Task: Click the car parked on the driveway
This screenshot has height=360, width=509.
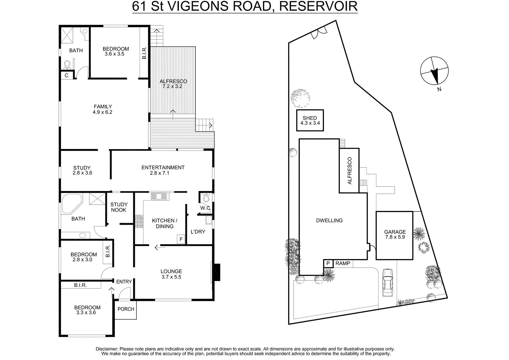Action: pyautogui.click(x=387, y=283)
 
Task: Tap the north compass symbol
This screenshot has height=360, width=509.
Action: pyautogui.click(x=434, y=71)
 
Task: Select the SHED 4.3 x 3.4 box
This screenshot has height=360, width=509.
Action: pyautogui.click(x=310, y=120)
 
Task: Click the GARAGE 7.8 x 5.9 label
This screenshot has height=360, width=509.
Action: pyautogui.click(x=395, y=234)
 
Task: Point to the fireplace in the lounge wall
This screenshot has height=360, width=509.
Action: pyautogui.click(x=216, y=272)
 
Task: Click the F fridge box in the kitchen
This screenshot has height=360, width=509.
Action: pyautogui.click(x=181, y=239)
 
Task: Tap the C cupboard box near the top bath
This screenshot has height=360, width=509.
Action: pyautogui.click(x=66, y=75)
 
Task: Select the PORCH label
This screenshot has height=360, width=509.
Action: pyautogui.click(x=126, y=309)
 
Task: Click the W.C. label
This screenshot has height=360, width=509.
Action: pyautogui.click(x=205, y=208)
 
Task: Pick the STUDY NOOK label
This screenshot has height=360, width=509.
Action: pyautogui.click(x=119, y=207)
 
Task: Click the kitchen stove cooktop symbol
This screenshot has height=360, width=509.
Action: pyautogui.click(x=139, y=222)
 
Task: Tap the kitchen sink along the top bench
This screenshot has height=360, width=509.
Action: pyautogui.click(x=159, y=196)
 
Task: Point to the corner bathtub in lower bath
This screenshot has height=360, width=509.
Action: pyautogui.click(x=71, y=203)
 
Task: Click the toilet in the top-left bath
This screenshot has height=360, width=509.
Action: pyautogui.click(x=67, y=65)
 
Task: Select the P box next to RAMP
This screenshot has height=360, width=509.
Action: pyautogui.click(x=328, y=264)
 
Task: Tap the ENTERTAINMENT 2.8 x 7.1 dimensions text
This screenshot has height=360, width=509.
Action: pyautogui.click(x=159, y=173)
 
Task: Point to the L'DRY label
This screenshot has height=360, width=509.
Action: pyautogui.click(x=198, y=232)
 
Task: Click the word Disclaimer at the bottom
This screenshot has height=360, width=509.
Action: pyautogui.click(x=107, y=349)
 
